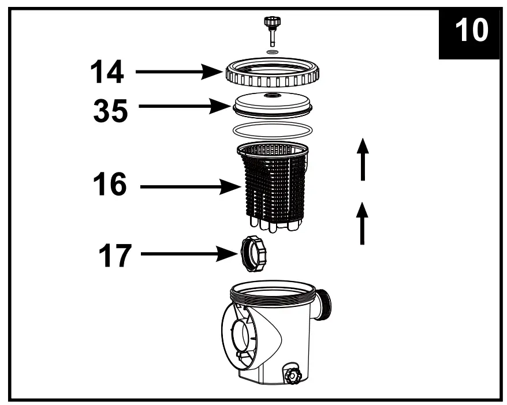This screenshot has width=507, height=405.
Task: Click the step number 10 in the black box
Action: pyautogui.click(x=471, y=31)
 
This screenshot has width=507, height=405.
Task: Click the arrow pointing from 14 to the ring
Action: pyautogui.click(x=179, y=73)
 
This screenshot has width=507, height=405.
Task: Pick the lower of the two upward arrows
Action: pyautogui.click(x=363, y=223)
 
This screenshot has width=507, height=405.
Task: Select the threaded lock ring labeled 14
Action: pyautogui.click(x=273, y=73)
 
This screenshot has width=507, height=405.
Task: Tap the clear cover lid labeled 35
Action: pyautogui.click(x=273, y=103)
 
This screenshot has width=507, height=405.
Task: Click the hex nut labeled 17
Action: pyautogui.click(x=254, y=254)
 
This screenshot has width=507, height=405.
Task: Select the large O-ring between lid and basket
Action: pyautogui.click(x=273, y=129)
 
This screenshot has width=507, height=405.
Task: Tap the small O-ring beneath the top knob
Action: pyautogui.click(x=273, y=52)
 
